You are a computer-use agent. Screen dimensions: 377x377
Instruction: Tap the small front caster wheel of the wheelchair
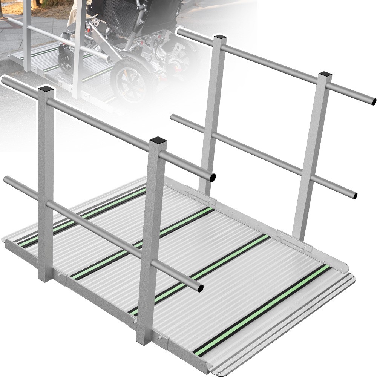pos(67,60)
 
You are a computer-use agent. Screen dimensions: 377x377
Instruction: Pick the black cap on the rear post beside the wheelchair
pos(220,37)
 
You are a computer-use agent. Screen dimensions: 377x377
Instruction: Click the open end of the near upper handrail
pos(212,177)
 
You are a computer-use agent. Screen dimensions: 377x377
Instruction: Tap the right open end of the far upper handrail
pos(373,101)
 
